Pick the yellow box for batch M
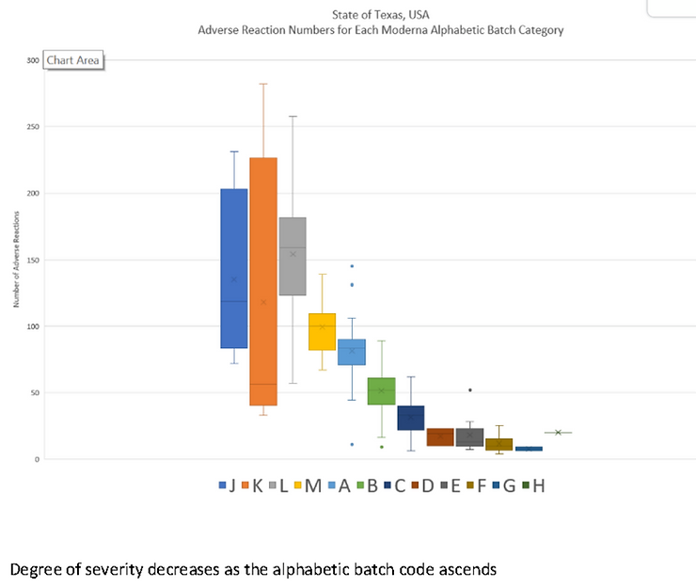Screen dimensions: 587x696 click(x=322, y=331)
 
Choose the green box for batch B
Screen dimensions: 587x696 click(x=381, y=390)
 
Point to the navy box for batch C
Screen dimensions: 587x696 click(x=410, y=418)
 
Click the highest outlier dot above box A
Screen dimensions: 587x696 click(x=352, y=266)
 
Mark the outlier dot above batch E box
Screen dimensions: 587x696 click(x=469, y=389)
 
